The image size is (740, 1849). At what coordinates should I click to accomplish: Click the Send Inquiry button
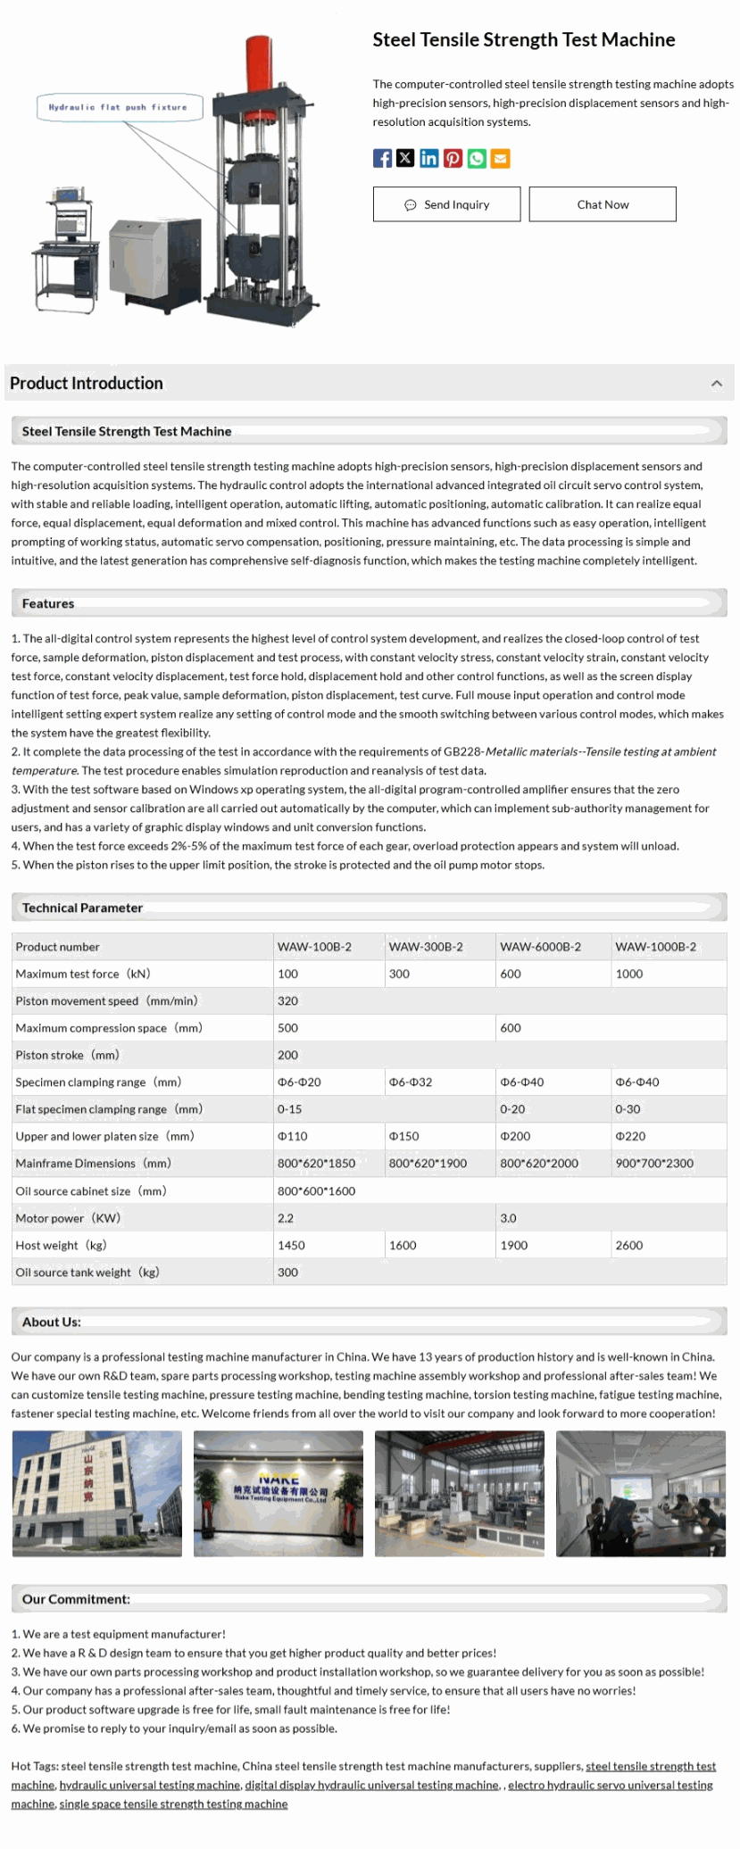pyautogui.click(x=446, y=204)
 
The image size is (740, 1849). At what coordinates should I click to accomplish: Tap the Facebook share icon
pyautogui.click(x=382, y=159)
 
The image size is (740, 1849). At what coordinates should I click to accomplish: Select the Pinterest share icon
pyautogui.click(x=453, y=159)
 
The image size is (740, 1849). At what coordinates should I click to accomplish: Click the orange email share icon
pyautogui.click(x=501, y=159)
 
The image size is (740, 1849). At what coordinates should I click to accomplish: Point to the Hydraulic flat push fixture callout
pyautogui.click(x=118, y=107)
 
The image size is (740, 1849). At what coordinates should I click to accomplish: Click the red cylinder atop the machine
pyautogui.click(x=258, y=58)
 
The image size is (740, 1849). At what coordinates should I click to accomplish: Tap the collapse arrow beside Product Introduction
pyautogui.click(x=716, y=384)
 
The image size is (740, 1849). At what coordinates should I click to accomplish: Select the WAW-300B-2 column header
pyautogui.click(x=426, y=947)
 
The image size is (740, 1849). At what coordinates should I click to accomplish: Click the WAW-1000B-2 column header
pyautogui.click(x=655, y=947)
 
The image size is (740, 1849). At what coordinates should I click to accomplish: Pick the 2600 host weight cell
pyautogui.click(x=629, y=1246)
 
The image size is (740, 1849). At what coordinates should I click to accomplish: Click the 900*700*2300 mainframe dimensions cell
pyautogui.click(x=654, y=1164)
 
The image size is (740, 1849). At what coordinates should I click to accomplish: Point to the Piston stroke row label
pyautogui.click(x=67, y=1056)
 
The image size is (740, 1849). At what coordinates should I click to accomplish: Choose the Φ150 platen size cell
pyautogui.click(x=403, y=1137)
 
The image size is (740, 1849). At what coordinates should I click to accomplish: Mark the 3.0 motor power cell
pyautogui.click(x=508, y=1218)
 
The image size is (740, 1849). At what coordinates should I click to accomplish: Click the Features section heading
pyautogui.click(x=48, y=604)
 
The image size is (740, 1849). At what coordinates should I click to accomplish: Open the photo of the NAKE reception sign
pyautogui.click(x=279, y=1494)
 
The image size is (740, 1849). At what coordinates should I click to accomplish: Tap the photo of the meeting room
pyautogui.click(x=640, y=1494)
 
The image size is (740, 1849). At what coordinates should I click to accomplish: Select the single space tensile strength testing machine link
pyautogui.click(x=173, y=1803)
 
